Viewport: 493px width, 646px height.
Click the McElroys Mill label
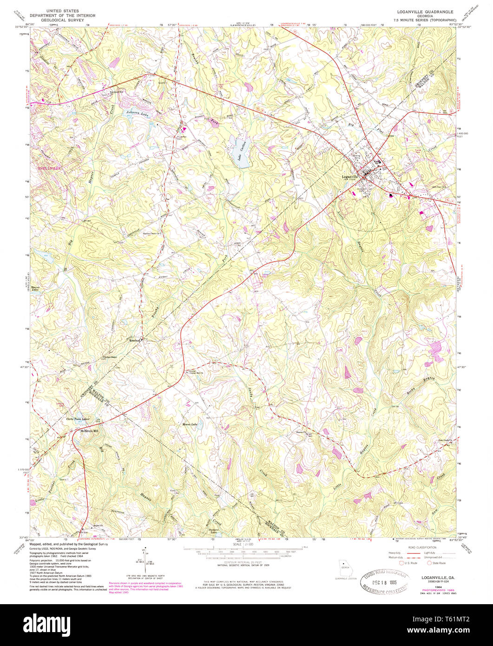coord(90,430)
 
